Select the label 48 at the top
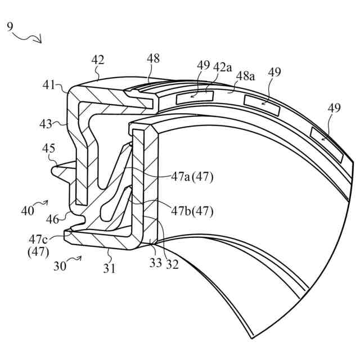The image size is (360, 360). pyautogui.click(x=152, y=58)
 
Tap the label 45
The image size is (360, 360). pyautogui.click(x=48, y=148)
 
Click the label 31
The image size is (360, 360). pyautogui.click(x=109, y=268)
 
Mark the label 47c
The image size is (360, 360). pyautogui.click(x=37, y=240)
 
